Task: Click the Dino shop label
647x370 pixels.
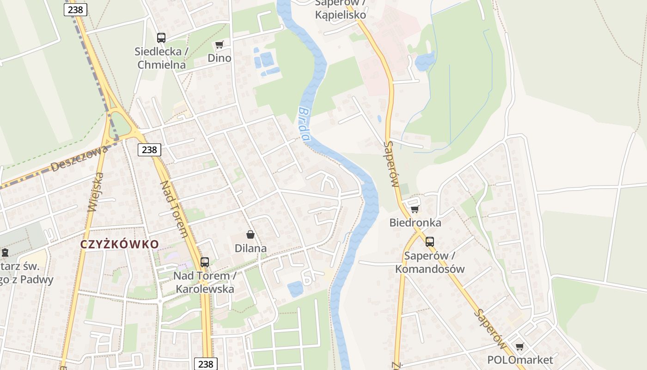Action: click(x=219, y=58)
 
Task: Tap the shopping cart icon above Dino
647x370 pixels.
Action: click(x=220, y=45)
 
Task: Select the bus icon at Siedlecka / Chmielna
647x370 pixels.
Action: click(x=161, y=38)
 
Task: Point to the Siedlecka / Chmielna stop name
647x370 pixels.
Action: click(x=161, y=58)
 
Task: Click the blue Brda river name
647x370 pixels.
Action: click(x=303, y=124)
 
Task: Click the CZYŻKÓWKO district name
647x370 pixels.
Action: click(x=120, y=244)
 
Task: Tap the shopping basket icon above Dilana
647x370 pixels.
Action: click(x=250, y=234)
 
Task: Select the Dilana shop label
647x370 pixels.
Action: click(x=250, y=248)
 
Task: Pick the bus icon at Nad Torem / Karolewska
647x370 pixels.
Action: click(x=205, y=262)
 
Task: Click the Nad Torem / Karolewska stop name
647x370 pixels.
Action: click(x=205, y=283)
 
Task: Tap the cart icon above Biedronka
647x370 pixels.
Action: click(x=415, y=209)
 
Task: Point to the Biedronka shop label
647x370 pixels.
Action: click(x=415, y=223)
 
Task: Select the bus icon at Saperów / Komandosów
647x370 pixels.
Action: click(x=430, y=241)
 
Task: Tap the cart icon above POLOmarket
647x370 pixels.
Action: click(x=520, y=346)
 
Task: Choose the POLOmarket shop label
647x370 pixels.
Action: click(x=520, y=360)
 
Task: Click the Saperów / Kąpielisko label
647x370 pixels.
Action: click(x=341, y=9)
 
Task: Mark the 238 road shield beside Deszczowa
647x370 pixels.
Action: click(x=149, y=149)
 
